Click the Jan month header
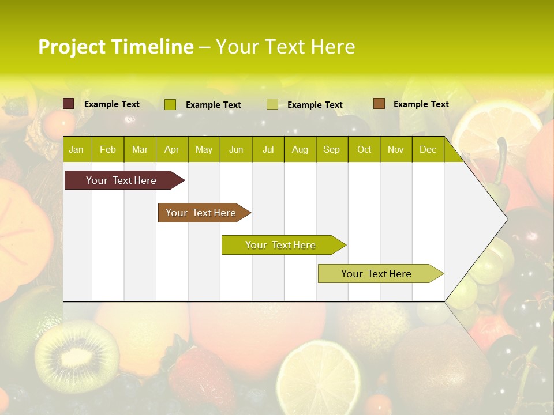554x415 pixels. tap(76, 150)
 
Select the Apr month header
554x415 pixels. tap(171, 150)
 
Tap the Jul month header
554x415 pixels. tap(268, 150)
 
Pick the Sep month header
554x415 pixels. tap(331, 150)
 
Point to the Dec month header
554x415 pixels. tap(428, 150)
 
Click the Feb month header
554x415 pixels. tap(108, 150)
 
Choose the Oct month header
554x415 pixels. tap(364, 150)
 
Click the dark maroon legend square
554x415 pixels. tap(69, 104)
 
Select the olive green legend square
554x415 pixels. tap(170, 104)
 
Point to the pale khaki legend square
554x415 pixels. tap(272, 104)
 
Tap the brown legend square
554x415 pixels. tap(379, 104)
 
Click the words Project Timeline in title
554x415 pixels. tap(115, 47)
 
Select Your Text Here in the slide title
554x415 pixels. tap(285, 47)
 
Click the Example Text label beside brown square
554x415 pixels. tap(421, 104)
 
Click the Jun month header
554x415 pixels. tap(236, 150)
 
